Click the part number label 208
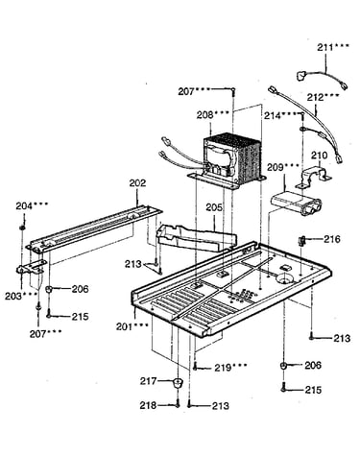click(x=204, y=115)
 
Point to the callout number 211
click(x=325, y=47)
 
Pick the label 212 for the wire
click(x=316, y=97)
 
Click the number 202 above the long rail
click(x=137, y=183)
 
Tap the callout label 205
click(x=214, y=207)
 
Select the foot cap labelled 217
click(x=177, y=383)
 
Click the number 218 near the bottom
click(x=148, y=405)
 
